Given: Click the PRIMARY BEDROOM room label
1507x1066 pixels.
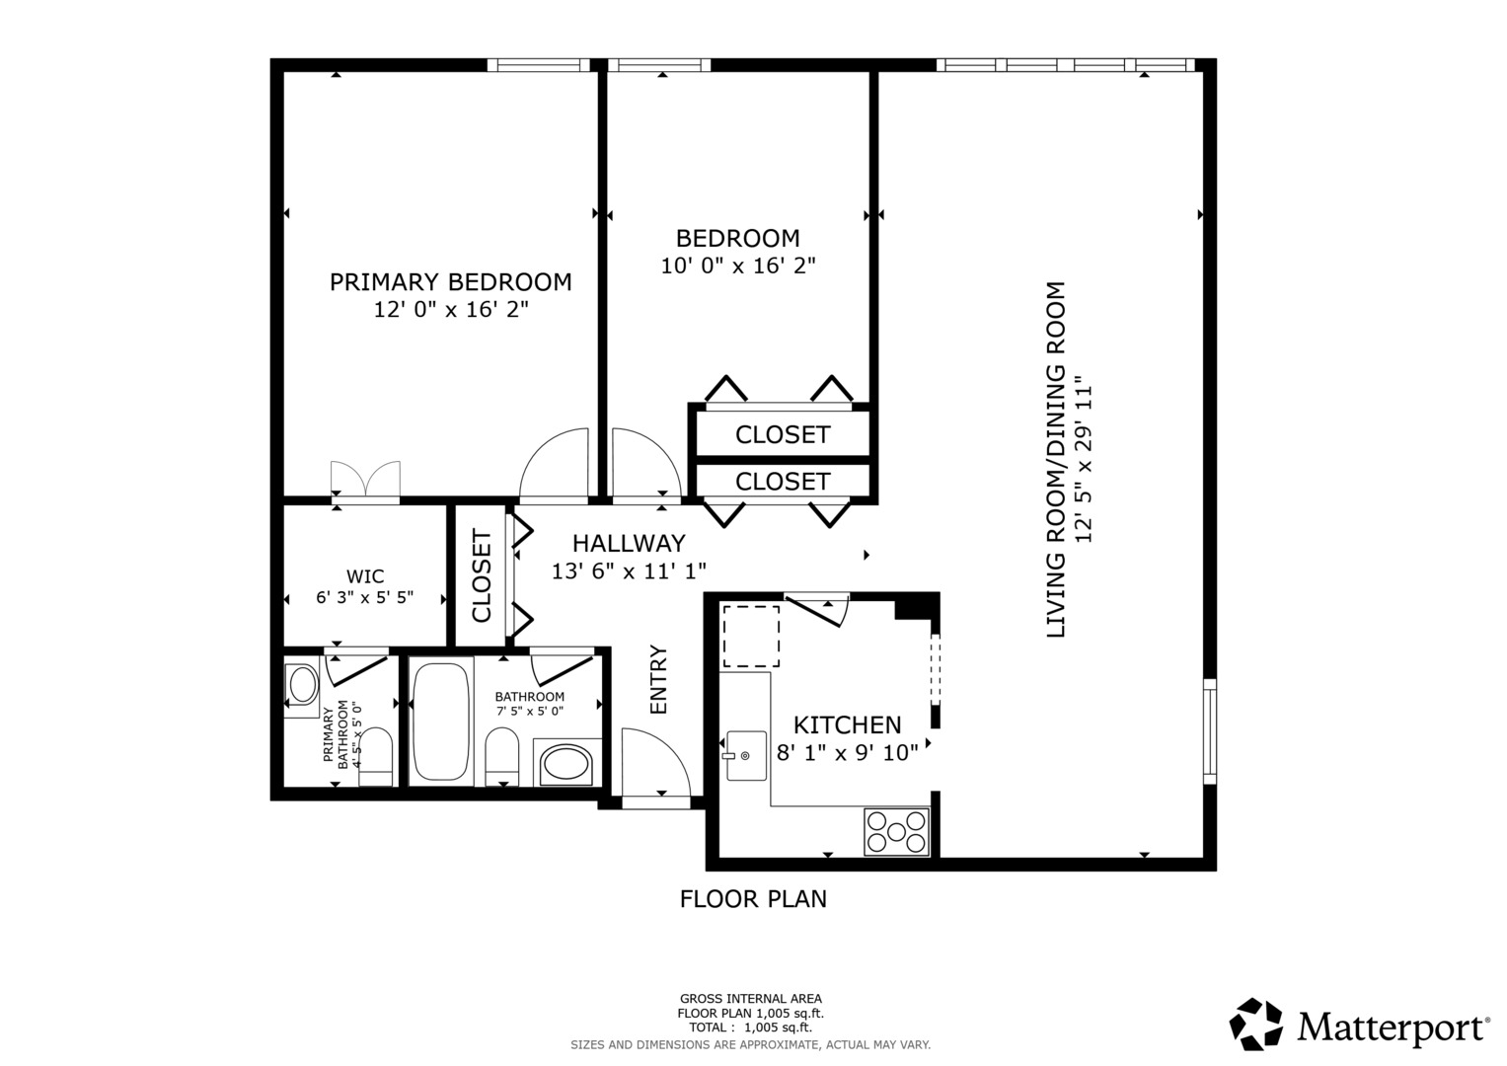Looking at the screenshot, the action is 450,282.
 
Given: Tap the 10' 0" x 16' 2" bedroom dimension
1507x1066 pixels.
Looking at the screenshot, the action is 738,266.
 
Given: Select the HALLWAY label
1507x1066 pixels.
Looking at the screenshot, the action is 629,543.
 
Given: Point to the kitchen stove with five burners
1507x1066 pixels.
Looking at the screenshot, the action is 896,832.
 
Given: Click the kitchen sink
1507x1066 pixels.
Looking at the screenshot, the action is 746,756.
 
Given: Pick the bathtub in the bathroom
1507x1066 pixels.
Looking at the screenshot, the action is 441,722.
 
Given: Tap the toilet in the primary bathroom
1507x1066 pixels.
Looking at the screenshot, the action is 375,756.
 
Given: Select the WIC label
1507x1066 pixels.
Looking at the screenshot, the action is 365,576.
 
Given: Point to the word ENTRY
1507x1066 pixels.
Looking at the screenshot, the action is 658,680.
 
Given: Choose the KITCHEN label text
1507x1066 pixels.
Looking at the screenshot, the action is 847,724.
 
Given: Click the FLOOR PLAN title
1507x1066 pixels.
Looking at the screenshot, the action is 753,899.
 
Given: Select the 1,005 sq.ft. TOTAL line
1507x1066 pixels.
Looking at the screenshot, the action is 750,1028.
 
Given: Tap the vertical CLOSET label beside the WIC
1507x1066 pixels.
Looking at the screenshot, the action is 482,575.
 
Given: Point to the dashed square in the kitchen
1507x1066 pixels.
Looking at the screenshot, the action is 751,636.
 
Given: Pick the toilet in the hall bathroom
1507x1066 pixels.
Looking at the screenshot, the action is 502,756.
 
